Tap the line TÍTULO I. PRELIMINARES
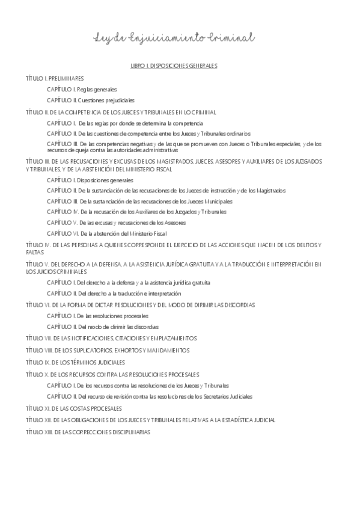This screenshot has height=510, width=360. [x=55, y=78]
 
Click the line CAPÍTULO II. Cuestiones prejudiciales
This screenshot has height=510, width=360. [x=91, y=100]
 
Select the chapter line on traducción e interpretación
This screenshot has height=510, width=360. [x=114, y=293]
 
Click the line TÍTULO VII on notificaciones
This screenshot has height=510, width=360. [x=111, y=339]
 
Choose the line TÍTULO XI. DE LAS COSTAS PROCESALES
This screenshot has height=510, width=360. [x=75, y=408]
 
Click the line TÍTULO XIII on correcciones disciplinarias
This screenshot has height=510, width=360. [x=88, y=432]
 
